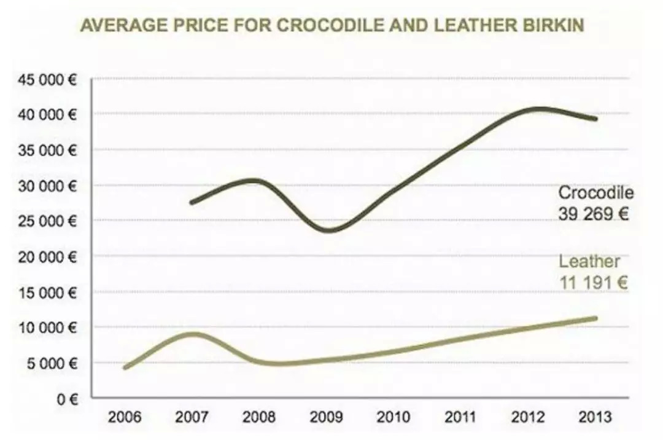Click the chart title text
point(331,26)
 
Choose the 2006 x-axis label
point(125,418)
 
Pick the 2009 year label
point(326,418)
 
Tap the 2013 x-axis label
point(595,418)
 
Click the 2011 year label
point(460,418)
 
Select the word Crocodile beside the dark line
point(595,193)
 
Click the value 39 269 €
point(593,214)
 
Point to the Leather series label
point(589,262)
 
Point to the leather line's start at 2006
point(125,367)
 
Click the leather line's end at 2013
point(595,318)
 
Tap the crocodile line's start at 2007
point(192,202)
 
